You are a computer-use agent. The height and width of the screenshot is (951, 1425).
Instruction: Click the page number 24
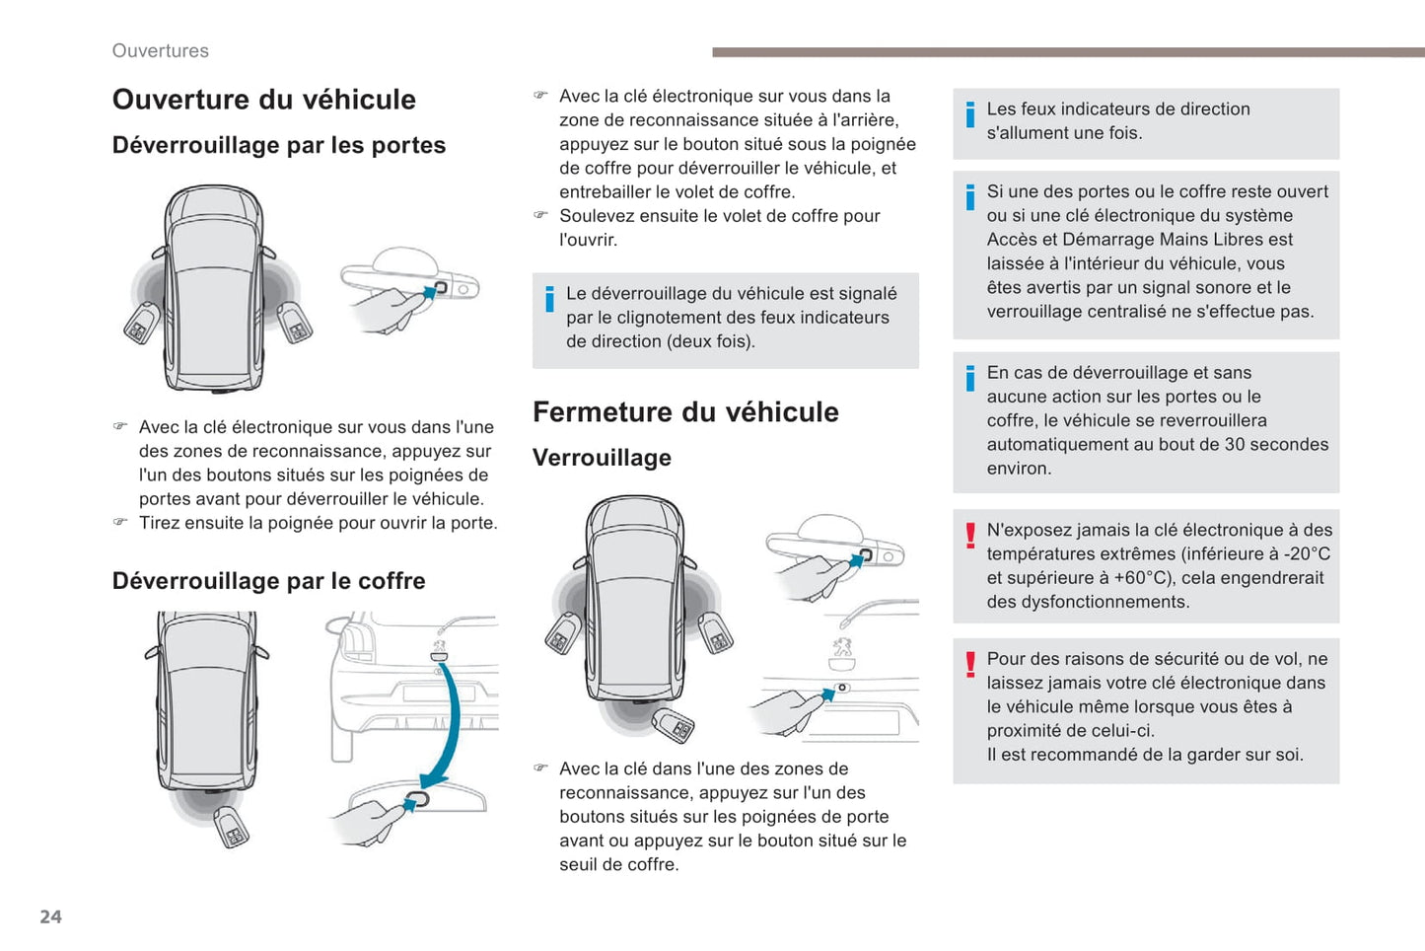click(x=50, y=916)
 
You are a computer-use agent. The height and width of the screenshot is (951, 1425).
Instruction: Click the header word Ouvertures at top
click(x=160, y=50)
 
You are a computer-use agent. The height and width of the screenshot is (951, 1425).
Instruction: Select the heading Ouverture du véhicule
click(x=263, y=100)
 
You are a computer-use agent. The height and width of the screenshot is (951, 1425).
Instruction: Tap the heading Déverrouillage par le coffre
click(x=268, y=581)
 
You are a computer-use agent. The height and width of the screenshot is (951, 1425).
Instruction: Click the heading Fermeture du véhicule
click(x=685, y=412)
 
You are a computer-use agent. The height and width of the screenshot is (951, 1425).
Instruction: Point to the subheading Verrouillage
click(x=602, y=458)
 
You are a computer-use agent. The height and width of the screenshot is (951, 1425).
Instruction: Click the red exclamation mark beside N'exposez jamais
click(x=970, y=535)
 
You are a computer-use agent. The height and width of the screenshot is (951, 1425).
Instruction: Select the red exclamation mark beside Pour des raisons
click(x=970, y=664)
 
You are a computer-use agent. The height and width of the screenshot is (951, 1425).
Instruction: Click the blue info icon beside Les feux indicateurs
click(x=970, y=114)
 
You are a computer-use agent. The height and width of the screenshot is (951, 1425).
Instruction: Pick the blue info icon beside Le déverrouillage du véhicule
click(x=549, y=299)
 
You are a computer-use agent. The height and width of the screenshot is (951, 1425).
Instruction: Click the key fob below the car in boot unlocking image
click(x=232, y=827)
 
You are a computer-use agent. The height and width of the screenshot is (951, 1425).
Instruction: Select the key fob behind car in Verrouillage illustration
click(x=674, y=725)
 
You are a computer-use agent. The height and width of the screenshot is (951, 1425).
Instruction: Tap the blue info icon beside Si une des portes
click(x=970, y=196)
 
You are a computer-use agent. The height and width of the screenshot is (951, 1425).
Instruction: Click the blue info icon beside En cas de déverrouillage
click(x=970, y=378)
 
